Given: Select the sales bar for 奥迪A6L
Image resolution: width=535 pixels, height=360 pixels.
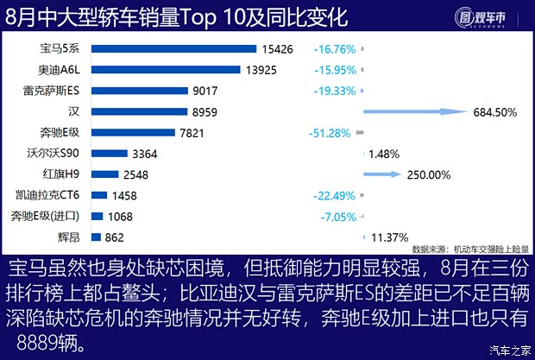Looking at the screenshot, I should [x=167, y=70].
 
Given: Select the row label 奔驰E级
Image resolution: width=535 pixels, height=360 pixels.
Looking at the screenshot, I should [x=60, y=132].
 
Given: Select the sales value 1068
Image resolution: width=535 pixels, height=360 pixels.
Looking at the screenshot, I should [x=120, y=216].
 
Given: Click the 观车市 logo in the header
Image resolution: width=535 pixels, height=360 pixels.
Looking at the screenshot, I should [x=486, y=16].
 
